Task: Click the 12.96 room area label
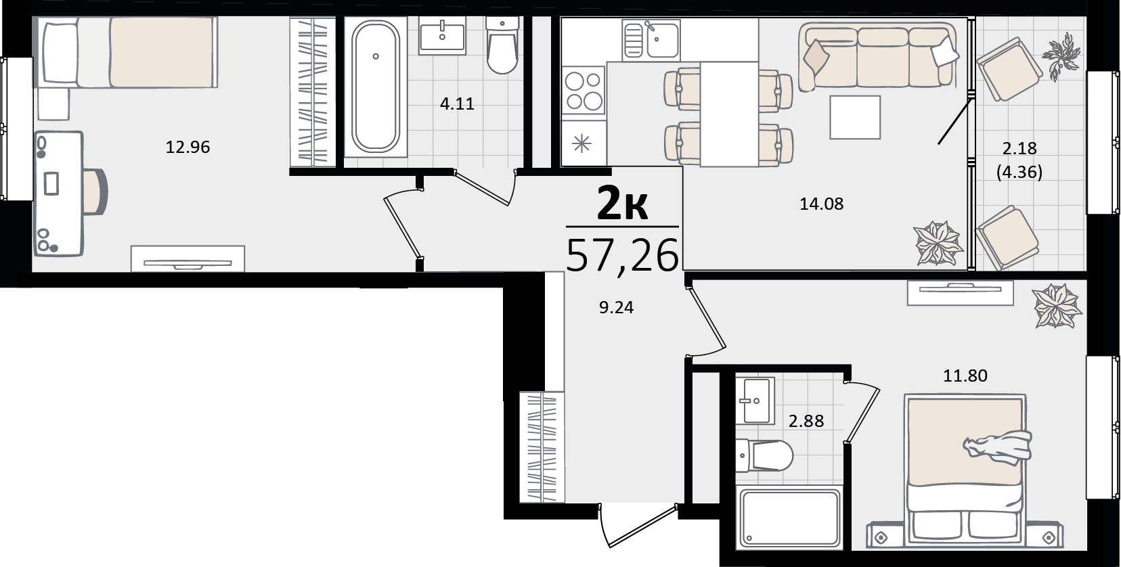188,147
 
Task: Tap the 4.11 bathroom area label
457,104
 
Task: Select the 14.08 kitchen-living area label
822,204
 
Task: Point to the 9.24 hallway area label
617,307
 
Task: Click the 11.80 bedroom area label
965,376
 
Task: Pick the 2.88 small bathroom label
806,421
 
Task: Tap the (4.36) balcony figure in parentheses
1019,172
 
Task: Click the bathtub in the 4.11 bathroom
375,85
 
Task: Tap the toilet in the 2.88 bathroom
765,455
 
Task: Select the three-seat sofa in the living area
877,56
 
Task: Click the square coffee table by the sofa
855,117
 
